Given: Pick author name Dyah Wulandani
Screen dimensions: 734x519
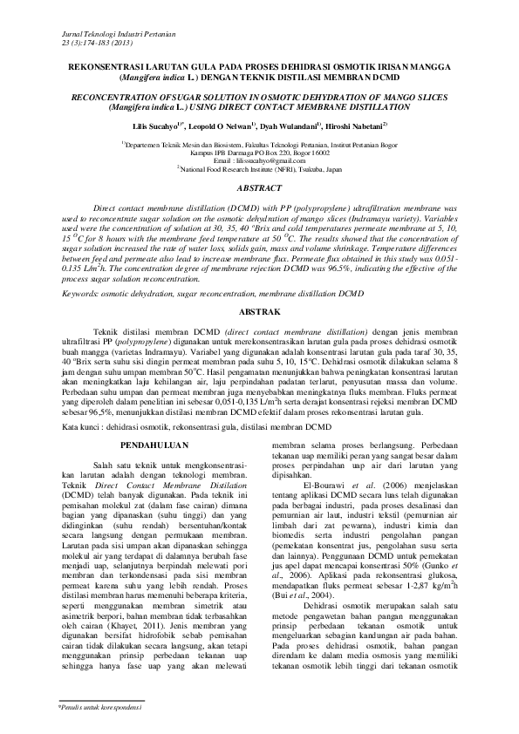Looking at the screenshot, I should tap(301, 126).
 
